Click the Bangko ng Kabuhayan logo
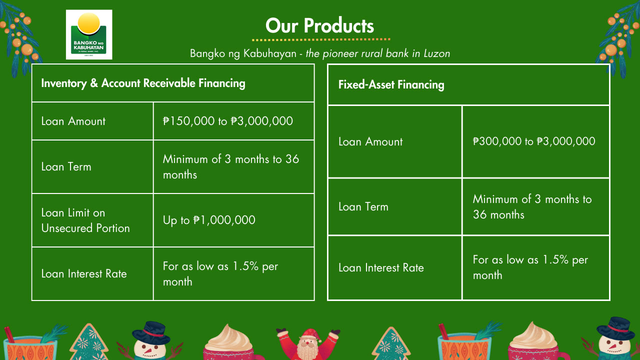tap(89, 34)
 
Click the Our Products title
tap(319, 25)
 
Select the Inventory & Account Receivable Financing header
tap(143, 83)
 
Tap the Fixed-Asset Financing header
tap(391, 84)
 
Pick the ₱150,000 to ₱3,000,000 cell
tap(227, 121)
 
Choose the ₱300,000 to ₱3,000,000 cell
tap(534, 141)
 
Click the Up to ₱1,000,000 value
tap(209, 220)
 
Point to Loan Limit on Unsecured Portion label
tap(85, 220)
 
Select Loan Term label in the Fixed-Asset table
tap(363, 206)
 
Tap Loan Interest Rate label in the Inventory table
tap(84, 273)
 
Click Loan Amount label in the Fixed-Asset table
tap(370, 141)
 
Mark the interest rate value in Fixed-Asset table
tap(530, 267)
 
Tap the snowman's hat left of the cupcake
tap(151, 333)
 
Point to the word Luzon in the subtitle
tap(437, 53)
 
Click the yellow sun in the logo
tap(89, 23)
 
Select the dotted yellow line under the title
tap(321, 39)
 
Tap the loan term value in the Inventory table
tap(231, 167)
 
